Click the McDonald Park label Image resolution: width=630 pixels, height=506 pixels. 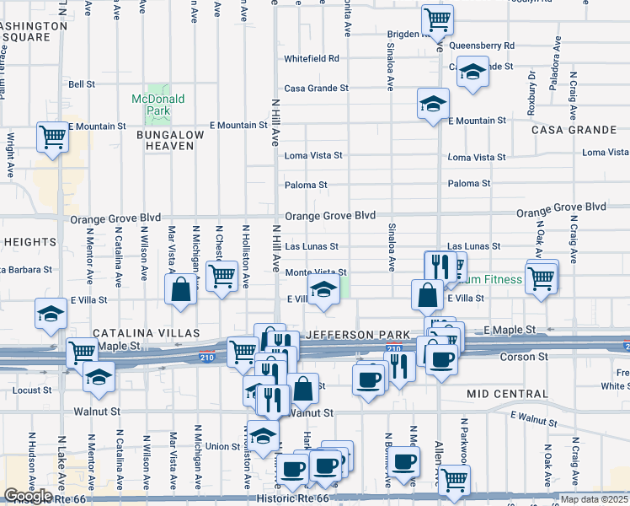(x=157, y=105)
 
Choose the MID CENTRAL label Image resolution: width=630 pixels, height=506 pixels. (x=506, y=394)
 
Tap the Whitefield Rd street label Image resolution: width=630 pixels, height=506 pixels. (x=311, y=59)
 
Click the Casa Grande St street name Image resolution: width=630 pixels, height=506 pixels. (x=316, y=89)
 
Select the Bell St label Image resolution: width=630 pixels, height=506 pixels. (x=82, y=84)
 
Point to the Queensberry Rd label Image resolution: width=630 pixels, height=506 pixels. (x=482, y=46)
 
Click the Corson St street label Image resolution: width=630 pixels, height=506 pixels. (x=526, y=357)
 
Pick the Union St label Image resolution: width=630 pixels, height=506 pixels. (x=223, y=446)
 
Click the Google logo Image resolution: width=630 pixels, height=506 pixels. (x=28, y=496)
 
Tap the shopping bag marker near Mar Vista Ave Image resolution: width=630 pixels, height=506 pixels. (x=181, y=289)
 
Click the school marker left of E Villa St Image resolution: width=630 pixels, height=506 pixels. (x=50, y=314)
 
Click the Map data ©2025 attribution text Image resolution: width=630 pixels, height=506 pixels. (x=594, y=499)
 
